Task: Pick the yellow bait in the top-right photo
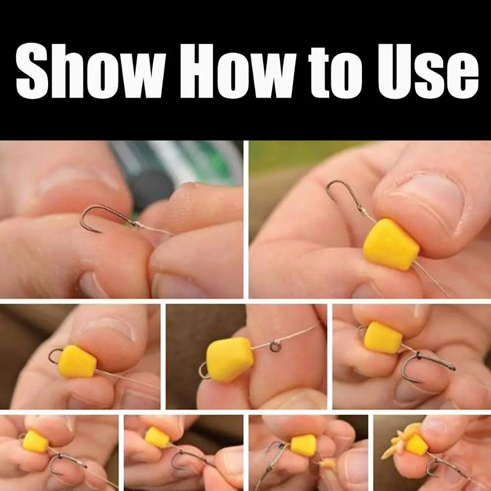[391, 244]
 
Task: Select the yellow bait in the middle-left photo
[78, 361]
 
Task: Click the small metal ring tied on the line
[274, 347]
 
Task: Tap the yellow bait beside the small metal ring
[230, 359]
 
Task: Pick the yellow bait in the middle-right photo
[382, 337]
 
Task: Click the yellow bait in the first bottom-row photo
[36, 441]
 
